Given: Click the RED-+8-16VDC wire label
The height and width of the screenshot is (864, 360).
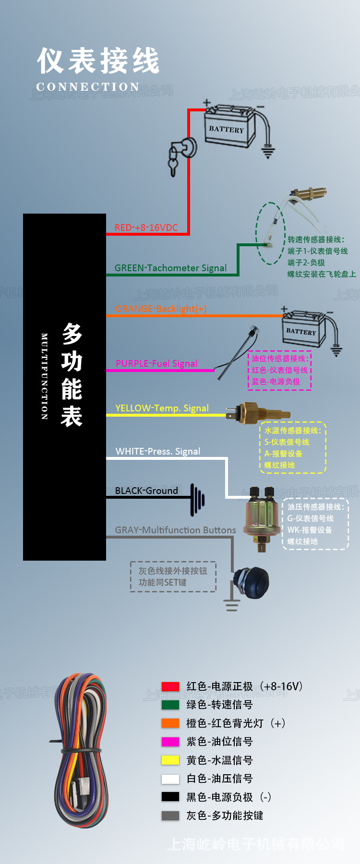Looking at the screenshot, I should [146, 228].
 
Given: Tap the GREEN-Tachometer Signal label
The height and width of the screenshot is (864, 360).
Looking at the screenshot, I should [170, 268].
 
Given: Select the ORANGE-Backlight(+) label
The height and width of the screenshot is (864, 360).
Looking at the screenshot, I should [161, 309].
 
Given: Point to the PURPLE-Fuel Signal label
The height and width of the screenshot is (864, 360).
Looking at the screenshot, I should [156, 363].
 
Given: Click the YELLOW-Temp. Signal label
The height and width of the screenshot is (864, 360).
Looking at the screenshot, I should [162, 408].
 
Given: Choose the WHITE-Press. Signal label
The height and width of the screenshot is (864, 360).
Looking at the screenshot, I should [158, 451].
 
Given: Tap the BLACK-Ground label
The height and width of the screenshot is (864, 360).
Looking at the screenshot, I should [146, 491].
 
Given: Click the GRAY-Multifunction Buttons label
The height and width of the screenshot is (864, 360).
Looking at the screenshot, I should [175, 530].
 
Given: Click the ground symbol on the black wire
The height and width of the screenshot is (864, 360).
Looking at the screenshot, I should [197, 499].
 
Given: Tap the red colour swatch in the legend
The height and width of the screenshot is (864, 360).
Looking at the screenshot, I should [170, 686].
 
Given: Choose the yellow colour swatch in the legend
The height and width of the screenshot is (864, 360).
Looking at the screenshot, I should [170, 760].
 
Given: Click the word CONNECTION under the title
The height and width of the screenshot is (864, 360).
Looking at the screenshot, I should [88, 87].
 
